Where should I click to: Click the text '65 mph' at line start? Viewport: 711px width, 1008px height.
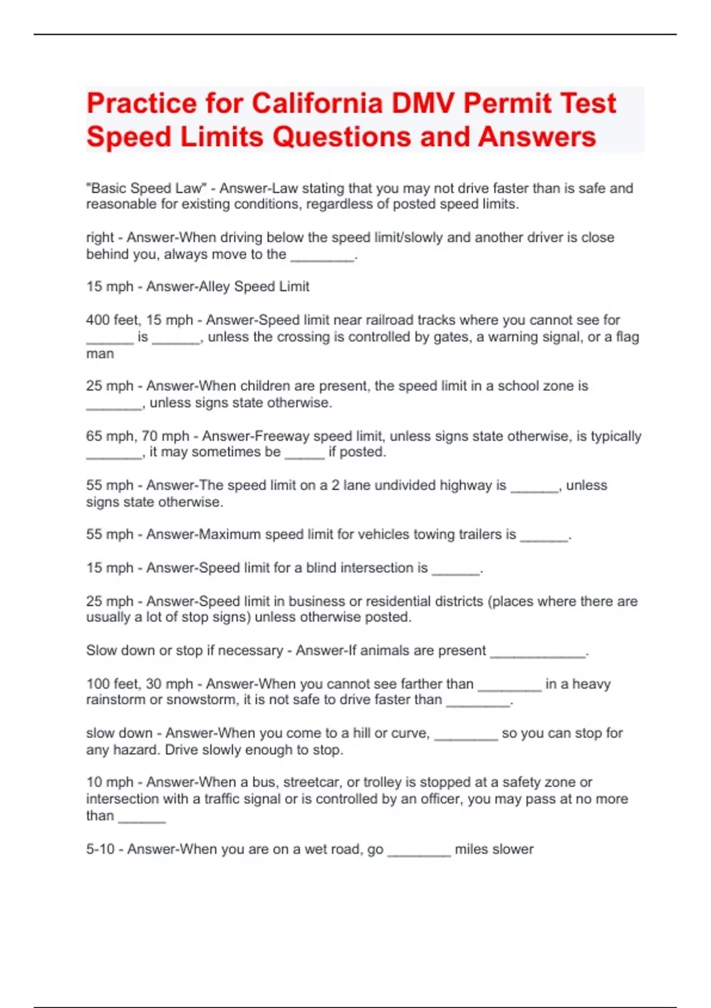[110, 436]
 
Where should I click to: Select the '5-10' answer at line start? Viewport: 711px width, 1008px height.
[100, 849]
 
